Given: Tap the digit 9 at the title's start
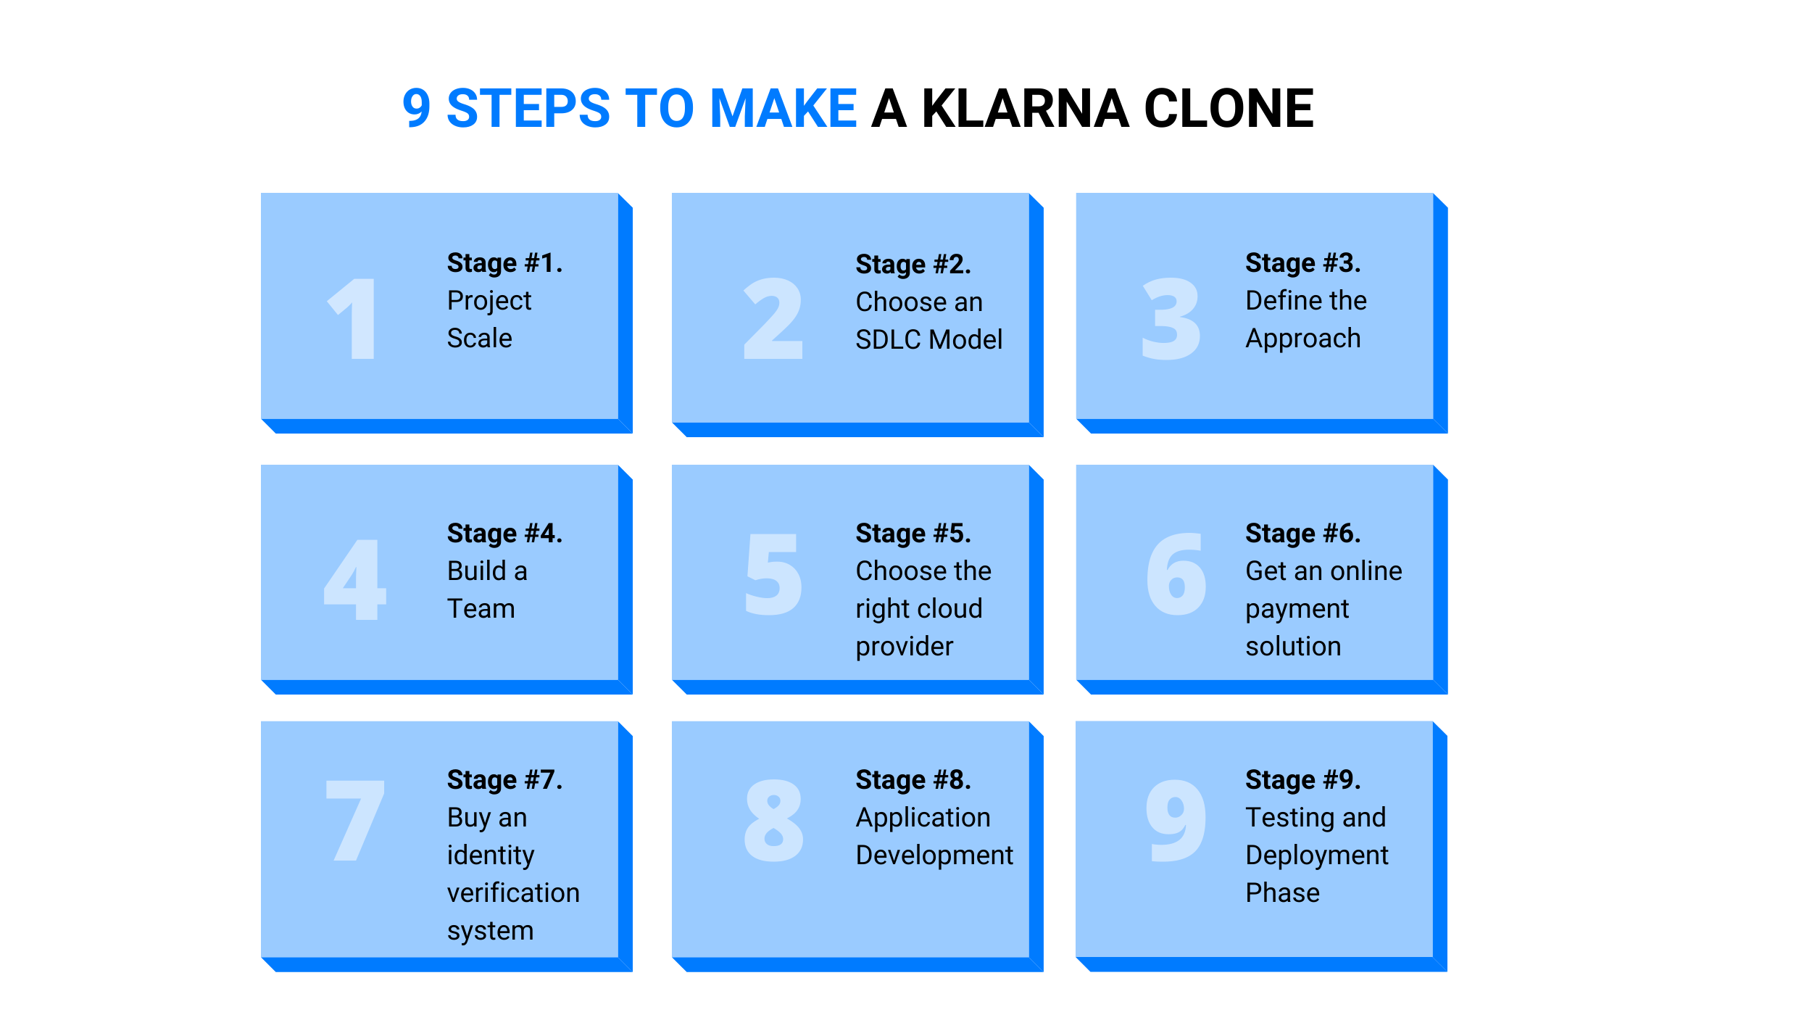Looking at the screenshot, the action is pyautogui.click(x=417, y=109).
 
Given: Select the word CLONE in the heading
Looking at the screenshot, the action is pyautogui.click(x=1229, y=109).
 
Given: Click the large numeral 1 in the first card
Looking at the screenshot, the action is pyautogui.click(x=352, y=318).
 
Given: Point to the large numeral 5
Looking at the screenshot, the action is pyautogui.click(x=773, y=574).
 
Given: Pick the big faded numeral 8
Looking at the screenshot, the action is pyautogui.click(x=773, y=821).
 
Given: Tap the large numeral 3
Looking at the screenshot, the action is pyautogui.click(x=1171, y=319).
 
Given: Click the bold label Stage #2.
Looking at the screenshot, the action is pyautogui.click(x=913, y=265).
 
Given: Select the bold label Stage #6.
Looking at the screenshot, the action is pyautogui.click(x=1303, y=534).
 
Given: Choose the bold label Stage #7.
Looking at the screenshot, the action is pyautogui.click(x=504, y=780).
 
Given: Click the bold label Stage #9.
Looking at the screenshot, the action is pyautogui.click(x=1303, y=780).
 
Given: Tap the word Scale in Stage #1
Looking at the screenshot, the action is pyautogui.click(x=480, y=339).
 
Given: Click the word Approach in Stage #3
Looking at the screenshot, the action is pyautogui.click(x=1303, y=339).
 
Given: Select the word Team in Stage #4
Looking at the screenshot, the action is pyautogui.click(x=481, y=609).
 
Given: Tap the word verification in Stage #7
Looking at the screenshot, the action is pyautogui.click(x=513, y=893).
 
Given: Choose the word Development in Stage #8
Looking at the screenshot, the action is pyautogui.click(x=934, y=856).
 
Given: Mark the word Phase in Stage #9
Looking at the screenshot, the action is pyautogui.click(x=1283, y=893).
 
